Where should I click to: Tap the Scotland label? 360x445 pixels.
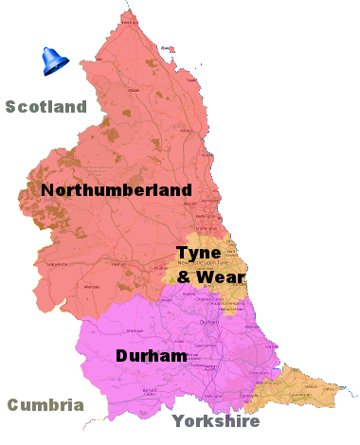[x=45, y=106]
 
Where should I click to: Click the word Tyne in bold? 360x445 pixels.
[x=198, y=253]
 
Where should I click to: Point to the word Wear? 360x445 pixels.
[x=223, y=277]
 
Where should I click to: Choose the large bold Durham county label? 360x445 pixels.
[x=150, y=356]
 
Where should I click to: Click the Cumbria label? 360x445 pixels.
[x=45, y=405]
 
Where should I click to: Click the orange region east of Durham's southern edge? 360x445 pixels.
[x=294, y=390]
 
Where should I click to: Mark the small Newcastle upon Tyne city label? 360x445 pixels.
[x=204, y=266]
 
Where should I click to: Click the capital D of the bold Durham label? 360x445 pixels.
[x=123, y=356]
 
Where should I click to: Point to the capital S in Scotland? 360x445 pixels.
[x=12, y=106]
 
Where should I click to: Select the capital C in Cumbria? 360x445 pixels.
[x=14, y=405]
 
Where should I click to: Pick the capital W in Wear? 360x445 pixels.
[x=207, y=277]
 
